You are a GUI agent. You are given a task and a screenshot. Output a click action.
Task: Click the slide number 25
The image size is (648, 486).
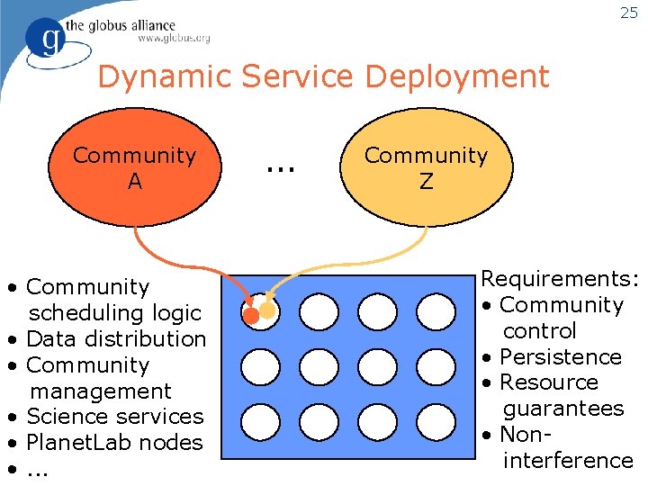pyautogui.click(x=629, y=13)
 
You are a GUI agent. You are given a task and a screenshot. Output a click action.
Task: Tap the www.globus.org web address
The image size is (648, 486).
pyautogui.click(x=174, y=39)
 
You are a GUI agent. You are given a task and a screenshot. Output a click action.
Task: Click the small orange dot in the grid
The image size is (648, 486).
pyautogui.click(x=252, y=316)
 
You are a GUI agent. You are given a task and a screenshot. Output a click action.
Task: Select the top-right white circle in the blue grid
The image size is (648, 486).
pyautogui.click(x=436, y=311)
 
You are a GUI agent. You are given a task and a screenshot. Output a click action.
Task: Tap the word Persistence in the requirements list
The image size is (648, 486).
pyautogui.click(x=561, y=356)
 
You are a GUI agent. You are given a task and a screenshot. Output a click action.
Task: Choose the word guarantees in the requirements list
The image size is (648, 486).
pyautogui.click(x=563, y=409)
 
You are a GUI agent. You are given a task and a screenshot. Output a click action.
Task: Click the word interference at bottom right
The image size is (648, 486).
pyautogui.click(x=568, y=461)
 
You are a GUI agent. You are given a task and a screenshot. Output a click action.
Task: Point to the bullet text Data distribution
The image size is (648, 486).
pyautogui.click(x=117, y=339)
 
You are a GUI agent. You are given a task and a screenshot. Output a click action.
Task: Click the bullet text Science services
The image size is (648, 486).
pyautogui.click(x=115, y=417)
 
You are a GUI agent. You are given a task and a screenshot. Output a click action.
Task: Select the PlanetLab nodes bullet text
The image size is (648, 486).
pyautogui.click(x=115, y=443)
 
